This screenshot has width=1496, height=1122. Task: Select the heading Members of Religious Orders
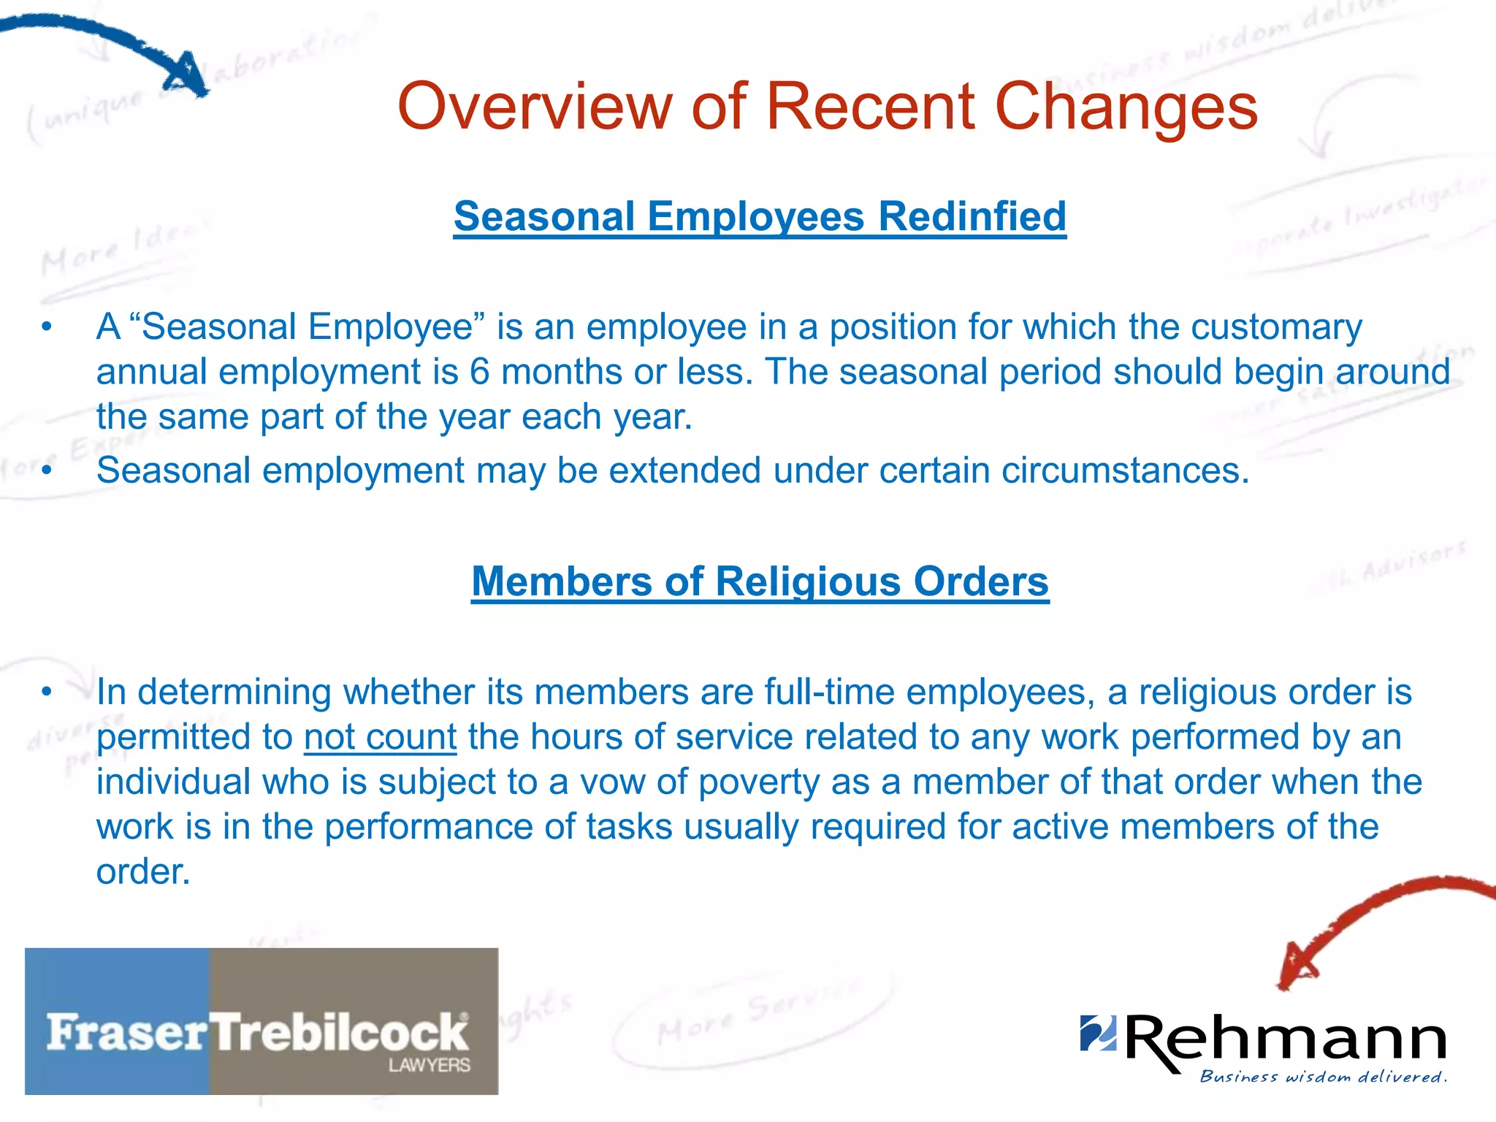coord(760,581)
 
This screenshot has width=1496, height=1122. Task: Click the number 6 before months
coord(479,372)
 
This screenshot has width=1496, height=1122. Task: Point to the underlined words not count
coord(381,736)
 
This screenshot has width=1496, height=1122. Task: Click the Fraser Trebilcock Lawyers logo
coord(262,1020)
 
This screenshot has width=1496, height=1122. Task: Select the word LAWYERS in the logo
coord(429,1065)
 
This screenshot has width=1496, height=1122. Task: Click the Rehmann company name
coord(1286,1039)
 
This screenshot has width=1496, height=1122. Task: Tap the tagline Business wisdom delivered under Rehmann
coord(1323,1077)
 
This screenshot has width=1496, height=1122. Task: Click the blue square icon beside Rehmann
coord(1098,1033)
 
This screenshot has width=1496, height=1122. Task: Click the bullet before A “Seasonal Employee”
coord(47,327)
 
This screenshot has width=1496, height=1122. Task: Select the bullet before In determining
coord(47,692)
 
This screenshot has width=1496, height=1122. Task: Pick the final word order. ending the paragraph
coord(143,871)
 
